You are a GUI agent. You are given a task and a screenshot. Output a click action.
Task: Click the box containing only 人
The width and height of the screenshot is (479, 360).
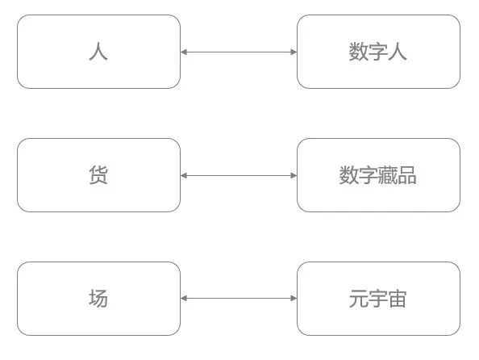(x=98, y=52)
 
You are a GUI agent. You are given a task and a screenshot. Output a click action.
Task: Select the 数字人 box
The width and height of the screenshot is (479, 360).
(x=378, y=52)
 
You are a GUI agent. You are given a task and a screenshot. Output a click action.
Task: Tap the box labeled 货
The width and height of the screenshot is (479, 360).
(x=98, y=175)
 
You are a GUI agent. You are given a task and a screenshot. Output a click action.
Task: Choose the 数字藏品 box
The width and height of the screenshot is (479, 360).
(x=378, y=175)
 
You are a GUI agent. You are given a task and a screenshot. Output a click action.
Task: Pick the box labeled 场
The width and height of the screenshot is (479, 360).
(x=98, y=299)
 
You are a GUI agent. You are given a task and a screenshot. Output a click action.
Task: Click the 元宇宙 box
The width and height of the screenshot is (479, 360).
(x=378, y=299)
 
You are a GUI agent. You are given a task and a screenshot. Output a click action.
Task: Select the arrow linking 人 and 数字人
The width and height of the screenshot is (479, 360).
(x=239, y=52)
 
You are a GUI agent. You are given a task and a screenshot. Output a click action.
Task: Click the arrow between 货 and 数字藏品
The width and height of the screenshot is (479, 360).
(x=239, y=175)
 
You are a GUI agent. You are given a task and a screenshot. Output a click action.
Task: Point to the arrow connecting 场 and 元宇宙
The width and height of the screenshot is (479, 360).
(x=239, y=299)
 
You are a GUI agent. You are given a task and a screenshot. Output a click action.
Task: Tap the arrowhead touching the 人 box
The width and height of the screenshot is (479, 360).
(x=184, y=52)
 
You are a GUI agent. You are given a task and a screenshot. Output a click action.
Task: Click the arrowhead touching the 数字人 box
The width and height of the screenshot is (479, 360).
(x=294, y=52)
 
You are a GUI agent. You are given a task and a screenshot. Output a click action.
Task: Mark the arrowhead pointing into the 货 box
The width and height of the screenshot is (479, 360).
(x=184, y=175)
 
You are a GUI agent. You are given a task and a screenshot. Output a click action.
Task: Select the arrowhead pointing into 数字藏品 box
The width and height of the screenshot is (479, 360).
(x=294, y=175)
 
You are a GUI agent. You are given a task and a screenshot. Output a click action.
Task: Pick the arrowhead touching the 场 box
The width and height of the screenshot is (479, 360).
(x=184, y=299)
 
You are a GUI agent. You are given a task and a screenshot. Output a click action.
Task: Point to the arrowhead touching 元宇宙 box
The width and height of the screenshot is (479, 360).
(x=294, y=299)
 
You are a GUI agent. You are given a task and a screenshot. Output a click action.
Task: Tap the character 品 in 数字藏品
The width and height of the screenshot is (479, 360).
(x=407, y=175)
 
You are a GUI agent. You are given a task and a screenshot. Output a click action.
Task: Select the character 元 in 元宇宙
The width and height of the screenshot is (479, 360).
(x=359, y=299)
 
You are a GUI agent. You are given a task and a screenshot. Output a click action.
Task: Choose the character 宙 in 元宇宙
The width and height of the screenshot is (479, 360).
(x=398, y=299)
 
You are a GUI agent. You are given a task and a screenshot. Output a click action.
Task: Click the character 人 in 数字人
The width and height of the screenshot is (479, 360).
(x=398, y=52)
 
